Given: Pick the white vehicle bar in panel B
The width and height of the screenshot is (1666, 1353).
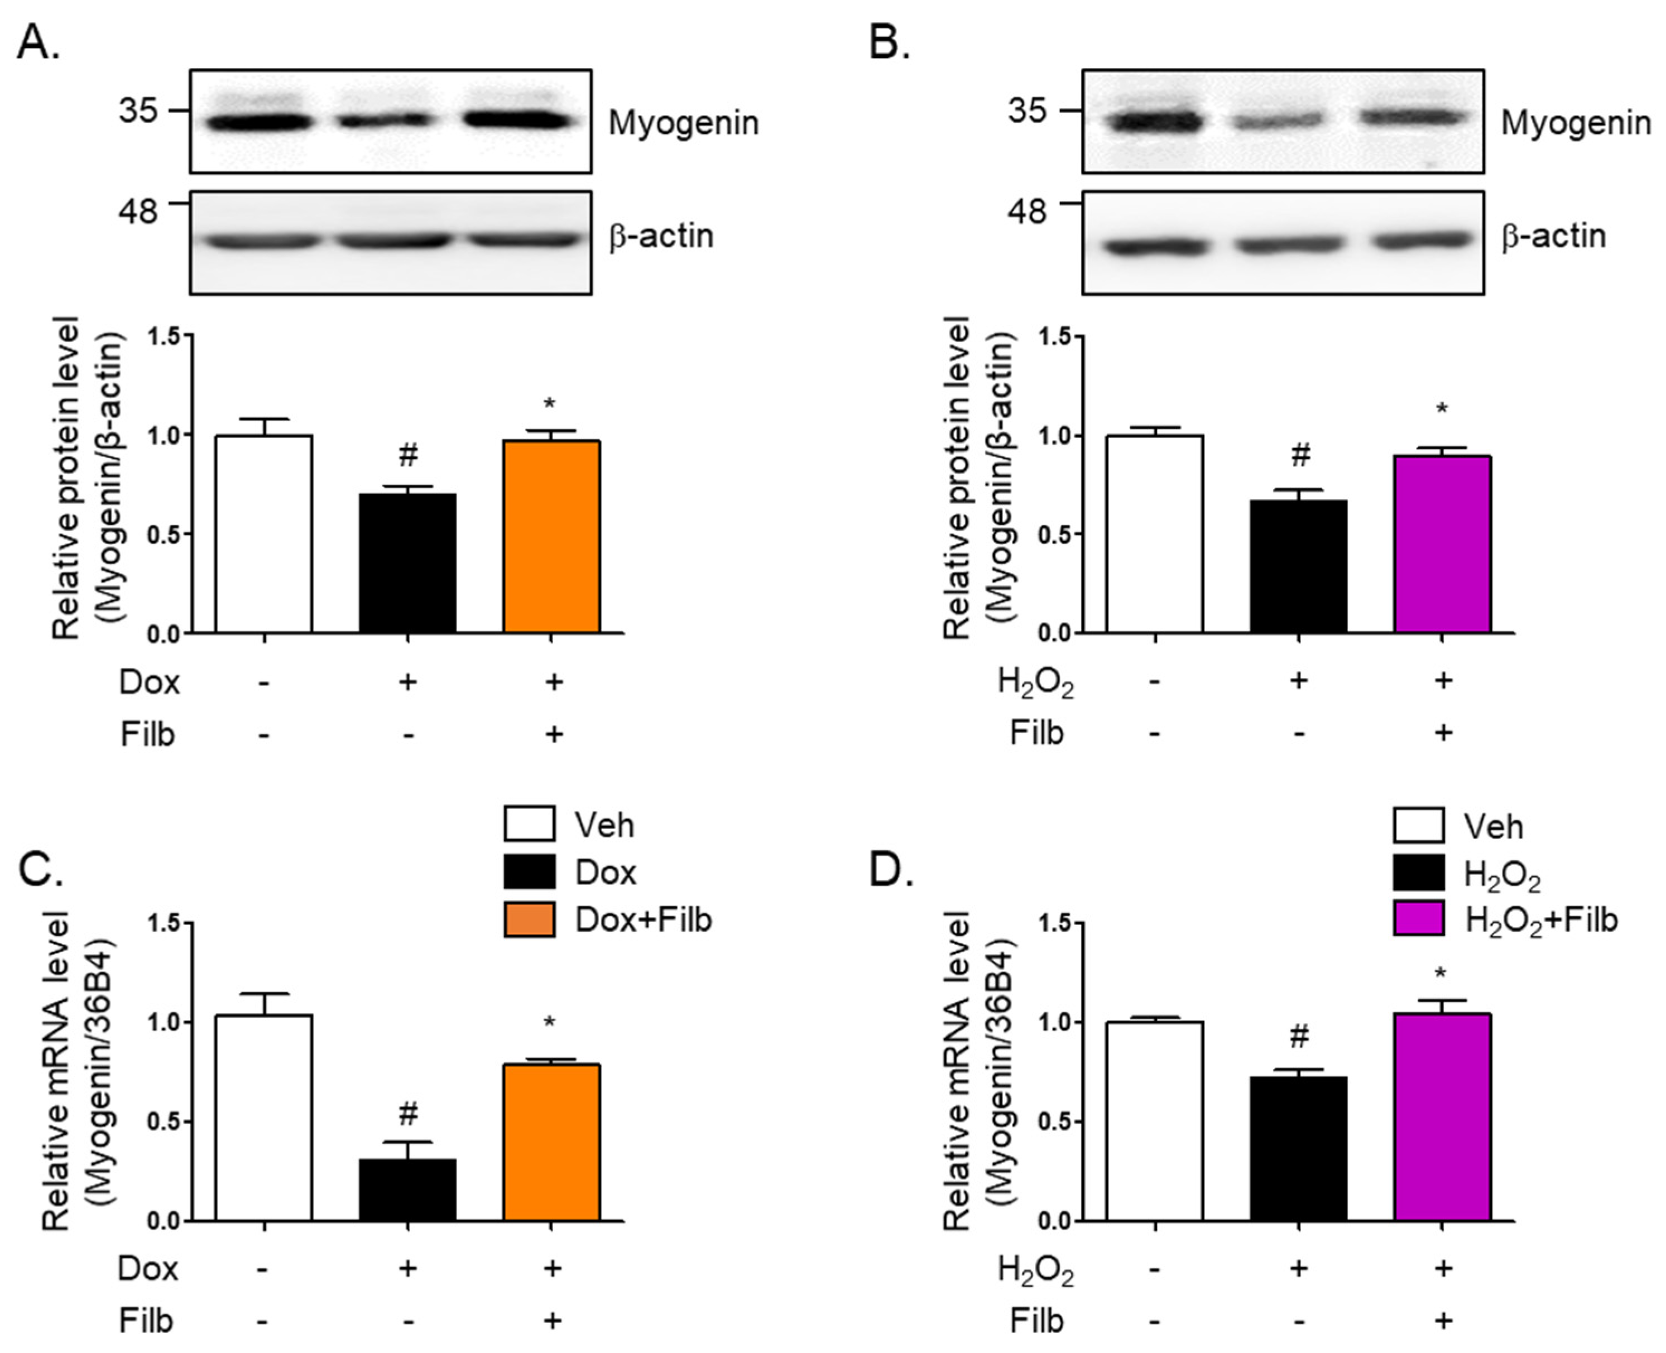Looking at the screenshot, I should click(1155, 534).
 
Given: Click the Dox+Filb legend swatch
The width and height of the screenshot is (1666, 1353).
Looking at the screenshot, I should click(529, 919).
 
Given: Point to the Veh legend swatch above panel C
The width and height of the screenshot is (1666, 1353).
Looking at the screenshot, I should click(529, 824).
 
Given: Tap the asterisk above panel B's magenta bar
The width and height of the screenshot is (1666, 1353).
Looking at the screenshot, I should click(1442, 409).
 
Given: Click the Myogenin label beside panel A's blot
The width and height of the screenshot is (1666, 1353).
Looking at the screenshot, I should click(683, 123).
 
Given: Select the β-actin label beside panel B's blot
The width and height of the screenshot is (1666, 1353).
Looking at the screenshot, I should click(1553, 235).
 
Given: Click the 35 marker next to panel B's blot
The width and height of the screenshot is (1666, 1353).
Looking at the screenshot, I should click(1028, 110).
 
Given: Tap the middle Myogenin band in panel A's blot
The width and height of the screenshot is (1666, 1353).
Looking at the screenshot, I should click(383, 121).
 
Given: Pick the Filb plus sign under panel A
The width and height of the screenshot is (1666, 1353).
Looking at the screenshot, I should click(553, 734).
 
